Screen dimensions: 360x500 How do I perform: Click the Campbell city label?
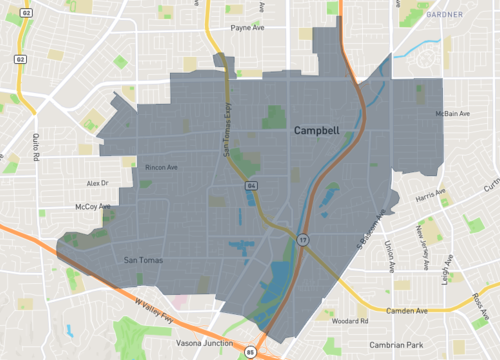pyautogui.click(x=318, y=131)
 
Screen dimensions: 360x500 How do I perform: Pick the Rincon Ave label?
pyautogui.click(x=161, y=167)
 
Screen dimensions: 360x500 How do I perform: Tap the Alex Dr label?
pyautogui.click(x=96, y=183)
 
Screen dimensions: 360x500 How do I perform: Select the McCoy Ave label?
pyautogui.click(x=92, y=207)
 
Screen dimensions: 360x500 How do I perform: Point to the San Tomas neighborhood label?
pyautogui.click(x=141, y=261)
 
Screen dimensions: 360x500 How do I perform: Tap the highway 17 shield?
pyautogui.click(x=300, y=240)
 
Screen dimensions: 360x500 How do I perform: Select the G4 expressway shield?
pyautogui.click(x=252, y=186)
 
